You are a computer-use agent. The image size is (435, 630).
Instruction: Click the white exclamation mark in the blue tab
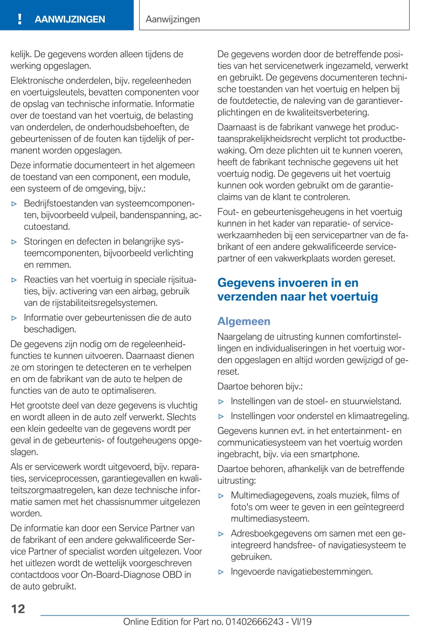[20, 19]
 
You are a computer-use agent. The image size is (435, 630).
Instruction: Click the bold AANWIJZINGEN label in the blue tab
[70, 19]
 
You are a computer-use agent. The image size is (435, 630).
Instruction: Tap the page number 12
[18, 609]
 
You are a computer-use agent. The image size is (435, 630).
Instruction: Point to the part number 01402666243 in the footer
[254, 622]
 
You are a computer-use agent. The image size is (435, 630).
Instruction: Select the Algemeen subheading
[244, 321]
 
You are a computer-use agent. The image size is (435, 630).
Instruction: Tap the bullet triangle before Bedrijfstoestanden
[14, 204]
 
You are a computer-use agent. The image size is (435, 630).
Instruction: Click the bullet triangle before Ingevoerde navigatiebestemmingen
[221, 572]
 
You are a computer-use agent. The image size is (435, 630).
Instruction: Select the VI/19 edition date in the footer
[301, 622]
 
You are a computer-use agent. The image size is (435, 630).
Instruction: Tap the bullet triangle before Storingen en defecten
[14, 242]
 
